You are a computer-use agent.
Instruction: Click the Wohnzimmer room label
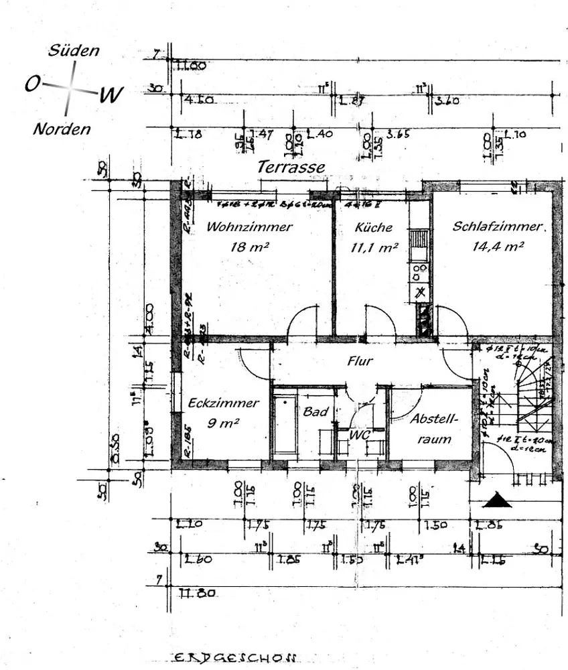pyautogui.click(x=249, y=226)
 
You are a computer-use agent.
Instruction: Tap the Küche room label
pyautogui.click(x=374, y=227)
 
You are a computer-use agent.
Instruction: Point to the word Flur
pyautogui.click(x=360, y=361)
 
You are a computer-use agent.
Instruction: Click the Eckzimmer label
pyautogui.click(x=223, y=403)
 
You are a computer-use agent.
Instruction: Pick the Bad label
pyautogui.click(x=315, y=411)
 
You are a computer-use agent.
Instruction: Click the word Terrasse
pyautogui.click(x=291, y=167)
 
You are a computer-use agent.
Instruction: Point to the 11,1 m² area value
pyautogui.click(x=374, y=247)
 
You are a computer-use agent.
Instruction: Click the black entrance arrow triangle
pyautogui.click(x=497, y=500)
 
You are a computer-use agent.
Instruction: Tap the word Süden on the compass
pyautogui.click(x=74, y=51)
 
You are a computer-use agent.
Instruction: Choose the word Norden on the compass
pyautogui.click(x=62, y=129)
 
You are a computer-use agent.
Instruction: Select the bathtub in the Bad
pyautogui.click(x=284, y=424)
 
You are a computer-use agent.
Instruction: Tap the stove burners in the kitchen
pyautogui.click(x=419, y=271)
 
